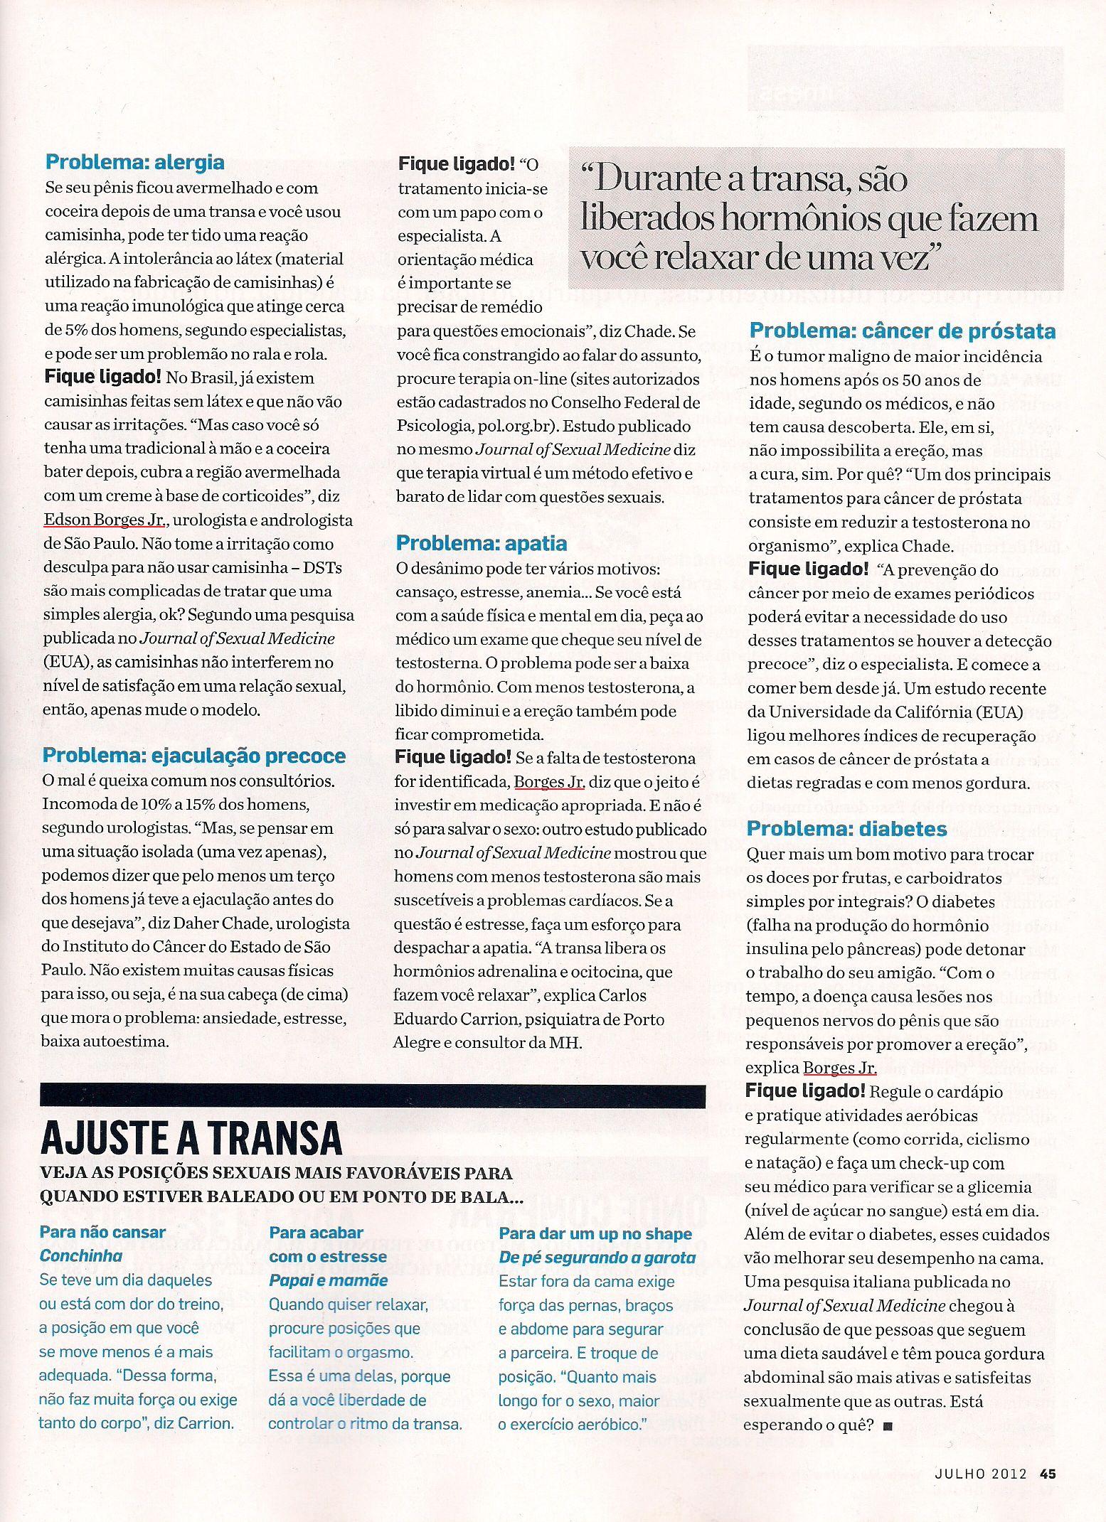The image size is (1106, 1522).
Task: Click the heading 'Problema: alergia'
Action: [134, 162]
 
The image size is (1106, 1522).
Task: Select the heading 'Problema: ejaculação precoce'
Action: [193, 756]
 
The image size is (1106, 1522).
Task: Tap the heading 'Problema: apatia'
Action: [481, 544]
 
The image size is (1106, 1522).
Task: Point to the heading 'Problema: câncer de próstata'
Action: [902, 331]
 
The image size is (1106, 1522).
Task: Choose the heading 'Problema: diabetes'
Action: [846, 829]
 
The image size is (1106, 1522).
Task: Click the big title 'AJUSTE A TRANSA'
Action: [191, 1138]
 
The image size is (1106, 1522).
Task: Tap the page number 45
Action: [1048, 1474]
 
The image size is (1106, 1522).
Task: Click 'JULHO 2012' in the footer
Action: [981, 1474]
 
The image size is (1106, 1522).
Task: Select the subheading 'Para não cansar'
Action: [102, 1232]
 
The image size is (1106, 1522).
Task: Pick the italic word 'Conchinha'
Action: [80, 1255]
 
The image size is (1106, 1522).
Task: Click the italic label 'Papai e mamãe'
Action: [328, 1280]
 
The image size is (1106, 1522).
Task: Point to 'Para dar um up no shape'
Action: [595, 1233]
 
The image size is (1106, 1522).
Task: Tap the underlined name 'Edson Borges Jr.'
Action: [105, 520]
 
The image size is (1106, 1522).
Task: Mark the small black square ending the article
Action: [886, 1425]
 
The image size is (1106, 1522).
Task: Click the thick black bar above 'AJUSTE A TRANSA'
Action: [373, 1096]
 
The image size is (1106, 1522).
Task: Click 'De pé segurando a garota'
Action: [597, 1258]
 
